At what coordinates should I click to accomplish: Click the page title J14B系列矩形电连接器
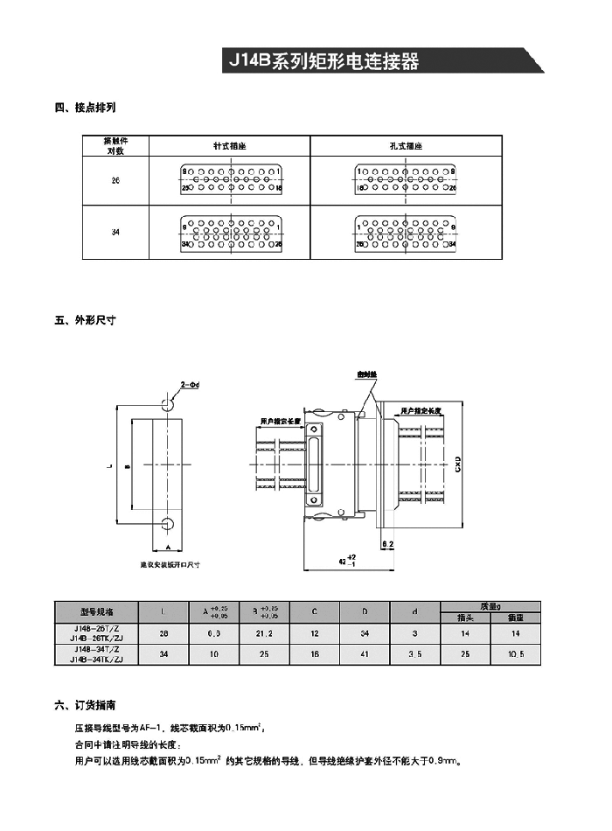pos(323,62)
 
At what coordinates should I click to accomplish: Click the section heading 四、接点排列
pos(86,108)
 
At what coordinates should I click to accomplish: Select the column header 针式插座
pos(230,146)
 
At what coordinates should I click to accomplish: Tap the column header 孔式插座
pos(406,146)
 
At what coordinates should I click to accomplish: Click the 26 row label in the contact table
pos(115,180)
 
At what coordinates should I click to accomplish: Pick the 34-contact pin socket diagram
pos(230,233)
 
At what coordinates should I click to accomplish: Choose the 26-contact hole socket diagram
pos(406,180)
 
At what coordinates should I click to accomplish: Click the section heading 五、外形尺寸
pos(86,320)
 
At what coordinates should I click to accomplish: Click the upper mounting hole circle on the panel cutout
pos(166,402)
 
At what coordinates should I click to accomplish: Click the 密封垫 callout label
pos(367,374)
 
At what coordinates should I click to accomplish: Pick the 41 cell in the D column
pos(365,653)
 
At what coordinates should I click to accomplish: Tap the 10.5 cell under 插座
pos(515,653)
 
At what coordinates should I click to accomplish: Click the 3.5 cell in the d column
pos(415,653)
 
